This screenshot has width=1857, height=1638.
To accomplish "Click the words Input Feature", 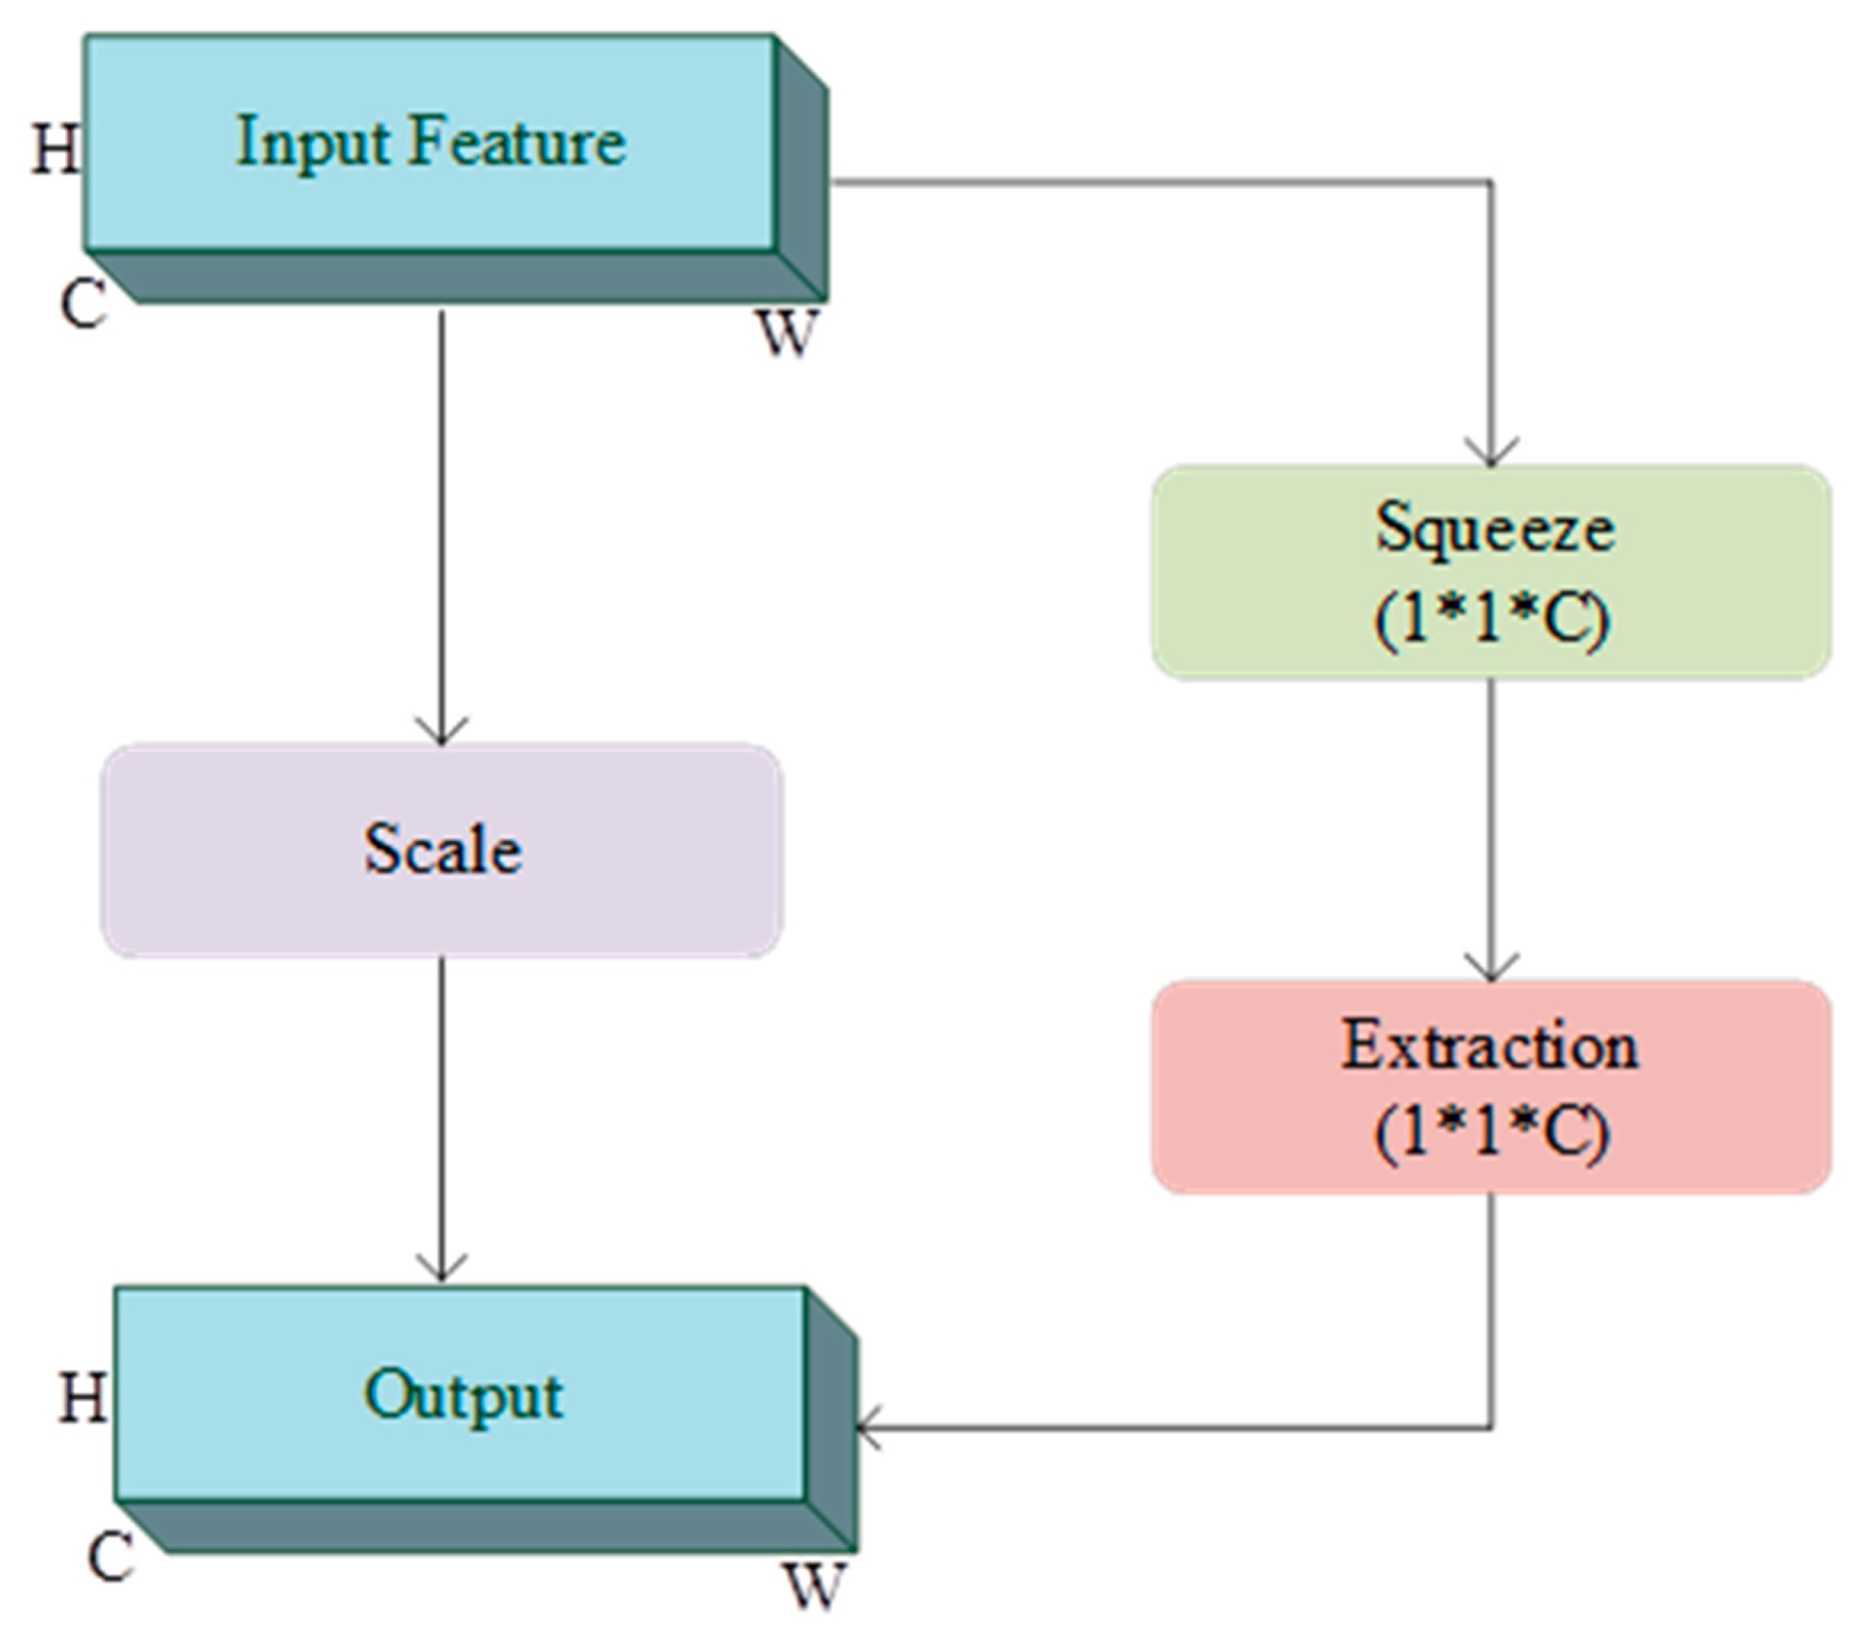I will (430, 142).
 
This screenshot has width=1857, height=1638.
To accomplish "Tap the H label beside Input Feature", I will (55, 148).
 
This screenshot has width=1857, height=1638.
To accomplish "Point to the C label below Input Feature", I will (83, 303).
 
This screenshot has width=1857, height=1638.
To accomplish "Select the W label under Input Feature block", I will (787, 333).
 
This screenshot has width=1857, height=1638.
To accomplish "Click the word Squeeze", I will (1495, 527).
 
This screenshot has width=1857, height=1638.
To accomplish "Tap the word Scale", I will (442, 849).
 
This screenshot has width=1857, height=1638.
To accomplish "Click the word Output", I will (463, 1395).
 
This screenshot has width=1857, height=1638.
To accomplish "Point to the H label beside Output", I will (83, 1396).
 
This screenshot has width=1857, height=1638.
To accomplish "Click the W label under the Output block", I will (814, 1586).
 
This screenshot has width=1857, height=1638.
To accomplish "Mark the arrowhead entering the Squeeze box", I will (1491, 455).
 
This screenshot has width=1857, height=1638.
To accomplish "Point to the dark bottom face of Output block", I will (491, 1527).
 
